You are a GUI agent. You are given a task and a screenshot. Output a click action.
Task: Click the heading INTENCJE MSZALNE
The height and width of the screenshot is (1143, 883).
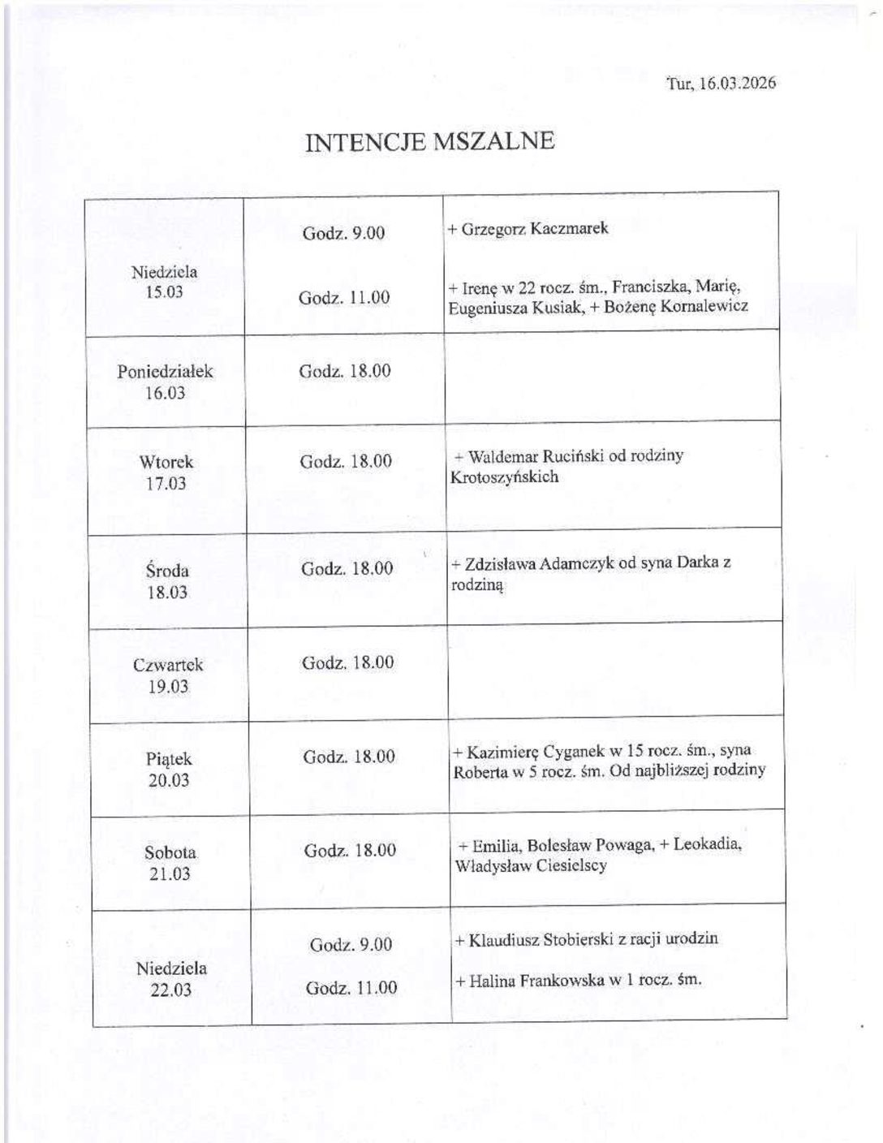pyautogui.click(x=429, y=141)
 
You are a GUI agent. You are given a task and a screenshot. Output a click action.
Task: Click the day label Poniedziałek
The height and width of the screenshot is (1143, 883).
pyautogui.click(x=165, y=372)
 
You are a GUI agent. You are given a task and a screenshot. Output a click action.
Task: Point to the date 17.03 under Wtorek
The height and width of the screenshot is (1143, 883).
pyautogui.click(x=166, y=484)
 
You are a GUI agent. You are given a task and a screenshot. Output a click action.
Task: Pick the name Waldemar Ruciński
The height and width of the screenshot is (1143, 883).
pyautogui.click(x=536, y=456)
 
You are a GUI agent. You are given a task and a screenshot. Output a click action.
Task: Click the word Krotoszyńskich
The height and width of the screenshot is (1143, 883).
pyautogui.click(x=504, y=477)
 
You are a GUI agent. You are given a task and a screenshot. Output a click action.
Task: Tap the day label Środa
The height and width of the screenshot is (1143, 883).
pyautogui.click(x=167, y=570)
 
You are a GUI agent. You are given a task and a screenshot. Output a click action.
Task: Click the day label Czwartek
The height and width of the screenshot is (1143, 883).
pyautogui.click(x=168, y=665)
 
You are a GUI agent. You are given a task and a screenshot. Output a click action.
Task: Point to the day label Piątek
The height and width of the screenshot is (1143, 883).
pyautogui.click(x=169, y=759)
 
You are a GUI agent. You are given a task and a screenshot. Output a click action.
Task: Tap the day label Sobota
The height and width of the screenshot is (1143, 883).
pyautogui.click(x=170, y=852)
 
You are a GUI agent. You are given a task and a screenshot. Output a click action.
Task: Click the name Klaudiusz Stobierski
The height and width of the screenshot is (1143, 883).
pyautogui.click(x=540, y=939)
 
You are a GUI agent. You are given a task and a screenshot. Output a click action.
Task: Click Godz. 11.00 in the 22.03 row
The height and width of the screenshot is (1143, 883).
pyautogui.click(x=351, y=988)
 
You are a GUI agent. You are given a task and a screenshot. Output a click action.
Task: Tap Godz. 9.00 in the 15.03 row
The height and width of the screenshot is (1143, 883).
pyautogui.click(x=343, y=233)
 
